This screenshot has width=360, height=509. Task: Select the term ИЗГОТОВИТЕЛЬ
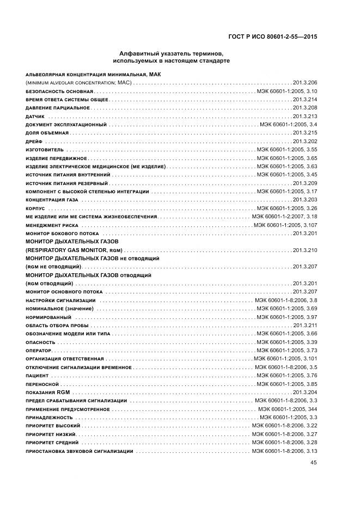pyautogui.click(x=45, y=150)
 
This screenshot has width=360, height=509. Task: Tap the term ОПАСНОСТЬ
pyautogui.click(x=40, y=342)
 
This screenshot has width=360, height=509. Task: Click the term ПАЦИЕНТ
pyautogui.click(x=37, y=376)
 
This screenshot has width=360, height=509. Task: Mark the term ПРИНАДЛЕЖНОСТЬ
pyautogui.click(x=48, y=418)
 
